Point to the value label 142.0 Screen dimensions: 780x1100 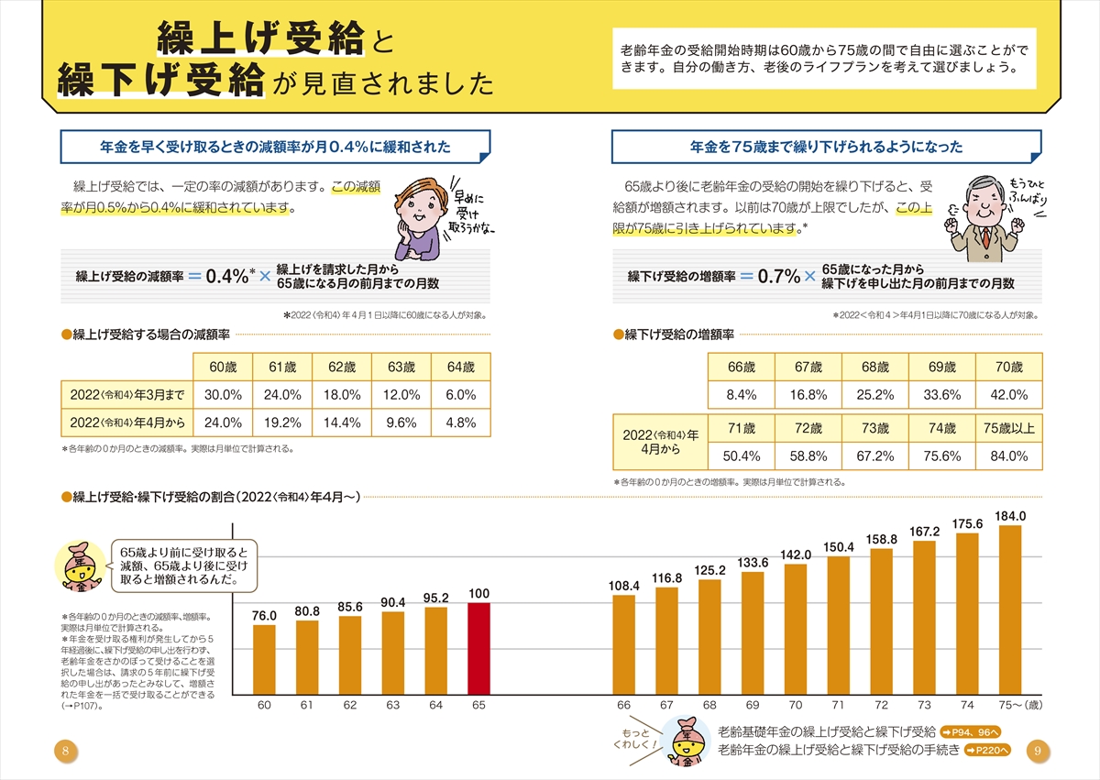(x=796, y=555)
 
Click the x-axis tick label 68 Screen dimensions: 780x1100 (x=709, y=705)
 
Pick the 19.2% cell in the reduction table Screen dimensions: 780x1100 (x=281, y=423)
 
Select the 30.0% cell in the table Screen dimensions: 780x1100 (x=223, y=395)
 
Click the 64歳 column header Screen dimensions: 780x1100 (x=460, y=368)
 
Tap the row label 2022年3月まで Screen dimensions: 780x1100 (x=126, y=395)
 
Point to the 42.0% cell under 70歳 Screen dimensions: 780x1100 (x=1009, y=395)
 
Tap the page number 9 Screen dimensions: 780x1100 (x=1036, y=751)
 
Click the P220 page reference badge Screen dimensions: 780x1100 (x=988, y=750)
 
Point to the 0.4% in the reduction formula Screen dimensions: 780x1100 (x=225, y=276)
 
